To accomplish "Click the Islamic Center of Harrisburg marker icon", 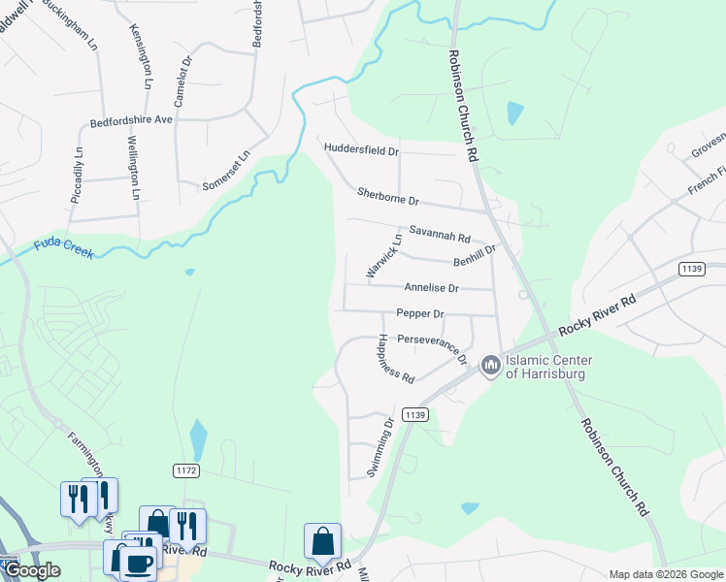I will (x=490, y=366).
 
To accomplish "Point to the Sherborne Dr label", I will (x=387, y=198).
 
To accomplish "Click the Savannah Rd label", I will (x=439, y=234).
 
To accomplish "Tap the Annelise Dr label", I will (x=431, y=288).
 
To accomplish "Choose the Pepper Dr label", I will (x=419, y=313).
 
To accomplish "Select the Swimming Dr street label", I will (x=379, y=447).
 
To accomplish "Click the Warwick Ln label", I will (x=382, y=256).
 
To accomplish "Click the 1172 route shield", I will (x=187, y=470).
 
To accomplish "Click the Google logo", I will (x=31, y=569).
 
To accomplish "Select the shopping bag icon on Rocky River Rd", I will (x=322, y=541).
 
